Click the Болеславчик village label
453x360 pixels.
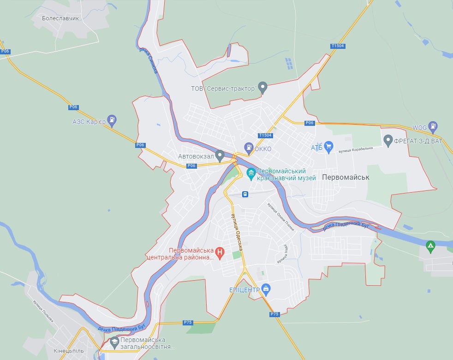pyautogui.click(x=60, y=18)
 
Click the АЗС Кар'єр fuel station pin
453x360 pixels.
pyautogui.click(x=111, y=120)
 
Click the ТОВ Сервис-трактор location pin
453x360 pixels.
pyautogui.click(x=262, y=87)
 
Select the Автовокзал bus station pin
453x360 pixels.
pyautogui.click(x=220, y=155)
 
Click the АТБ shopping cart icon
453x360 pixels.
pyautogui.click(x=328, y=147)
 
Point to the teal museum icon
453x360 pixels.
pyautogui.click(x=251, y=174)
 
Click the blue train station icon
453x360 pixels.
pyautogui.click(x=245, y=194)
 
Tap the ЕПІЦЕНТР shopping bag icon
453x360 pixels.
pyautogui.click(x=265, y=289)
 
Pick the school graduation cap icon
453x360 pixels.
pyautogui.click(x=113, y=342)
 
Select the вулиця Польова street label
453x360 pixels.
pyautogui.click(x=43, y=312)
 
